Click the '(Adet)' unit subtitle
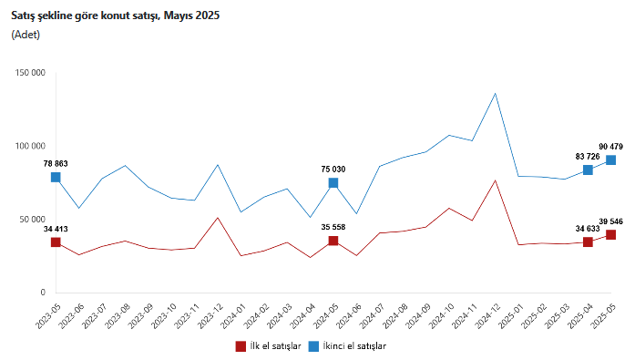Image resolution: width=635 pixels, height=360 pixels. pyautogui.click(x=26, y=35)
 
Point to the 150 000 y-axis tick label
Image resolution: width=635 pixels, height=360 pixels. pyautogui.click(x=30, y=73)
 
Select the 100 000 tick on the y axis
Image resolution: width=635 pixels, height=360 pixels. pyautogui.click(x=30, y=146)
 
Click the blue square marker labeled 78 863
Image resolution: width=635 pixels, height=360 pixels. pyautogui.click(x=56, y=178)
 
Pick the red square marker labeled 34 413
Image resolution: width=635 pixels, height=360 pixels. pyautogui.click(x=56, y=242)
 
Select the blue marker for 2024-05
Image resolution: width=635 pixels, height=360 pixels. pyautogui.click(x=333, y=183)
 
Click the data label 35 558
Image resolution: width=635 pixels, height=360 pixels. pyautogui.click(x=333, y=227)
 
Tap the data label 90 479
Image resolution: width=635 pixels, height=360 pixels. pyautogui.click(x=610, y=147)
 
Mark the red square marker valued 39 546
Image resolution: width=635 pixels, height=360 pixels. pyautogui.click(x=610, y=235)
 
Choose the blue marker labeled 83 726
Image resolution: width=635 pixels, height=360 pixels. pyautogui.click(x=588, y=170)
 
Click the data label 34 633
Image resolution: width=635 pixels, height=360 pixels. pyautogui.click(x=588, y=229)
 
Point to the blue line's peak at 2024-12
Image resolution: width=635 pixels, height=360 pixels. pyautogui.click(x=496, y=94)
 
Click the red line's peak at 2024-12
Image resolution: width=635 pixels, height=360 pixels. pyautogui.click(x=496, y=180)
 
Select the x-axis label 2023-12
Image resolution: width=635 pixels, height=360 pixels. pyautogui.click(x=209, y=316)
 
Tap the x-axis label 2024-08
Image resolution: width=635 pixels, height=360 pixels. pyautogui.click(x=394, y=316)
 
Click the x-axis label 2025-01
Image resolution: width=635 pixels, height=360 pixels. pyautogui.click(x=509, y=316)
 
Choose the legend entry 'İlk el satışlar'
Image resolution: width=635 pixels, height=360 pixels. pyautogui.click(x=269, y=346)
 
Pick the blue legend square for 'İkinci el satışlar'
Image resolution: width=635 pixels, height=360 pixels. pyautogui.click(x=313, y=346)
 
